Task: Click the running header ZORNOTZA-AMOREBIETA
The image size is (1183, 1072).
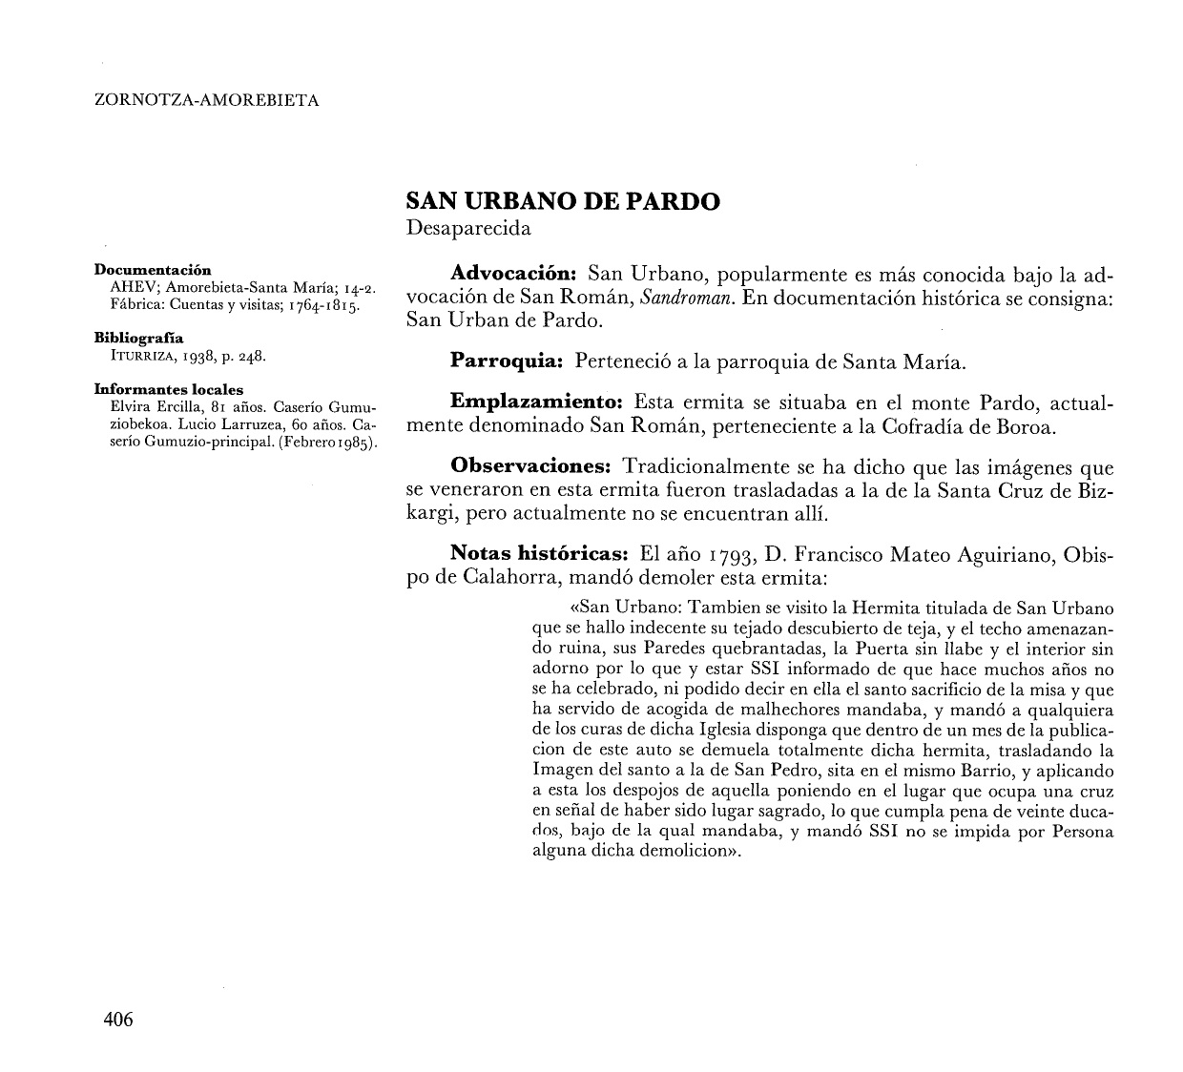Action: pos(207,99)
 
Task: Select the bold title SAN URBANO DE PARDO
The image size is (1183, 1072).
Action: pos(563,201)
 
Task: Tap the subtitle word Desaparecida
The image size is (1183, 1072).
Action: pos(468,229)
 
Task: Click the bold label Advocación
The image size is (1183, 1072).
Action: pos(509,275)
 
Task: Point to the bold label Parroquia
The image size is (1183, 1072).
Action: pos(504,361)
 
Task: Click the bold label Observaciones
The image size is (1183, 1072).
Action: pos(529,467)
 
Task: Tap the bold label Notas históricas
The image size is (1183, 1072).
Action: pos(537,554)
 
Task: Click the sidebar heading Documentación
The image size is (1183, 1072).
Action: pos(153,270)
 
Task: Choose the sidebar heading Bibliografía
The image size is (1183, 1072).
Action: pos(139,338)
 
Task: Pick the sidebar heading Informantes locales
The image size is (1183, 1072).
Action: pos(168,389)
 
